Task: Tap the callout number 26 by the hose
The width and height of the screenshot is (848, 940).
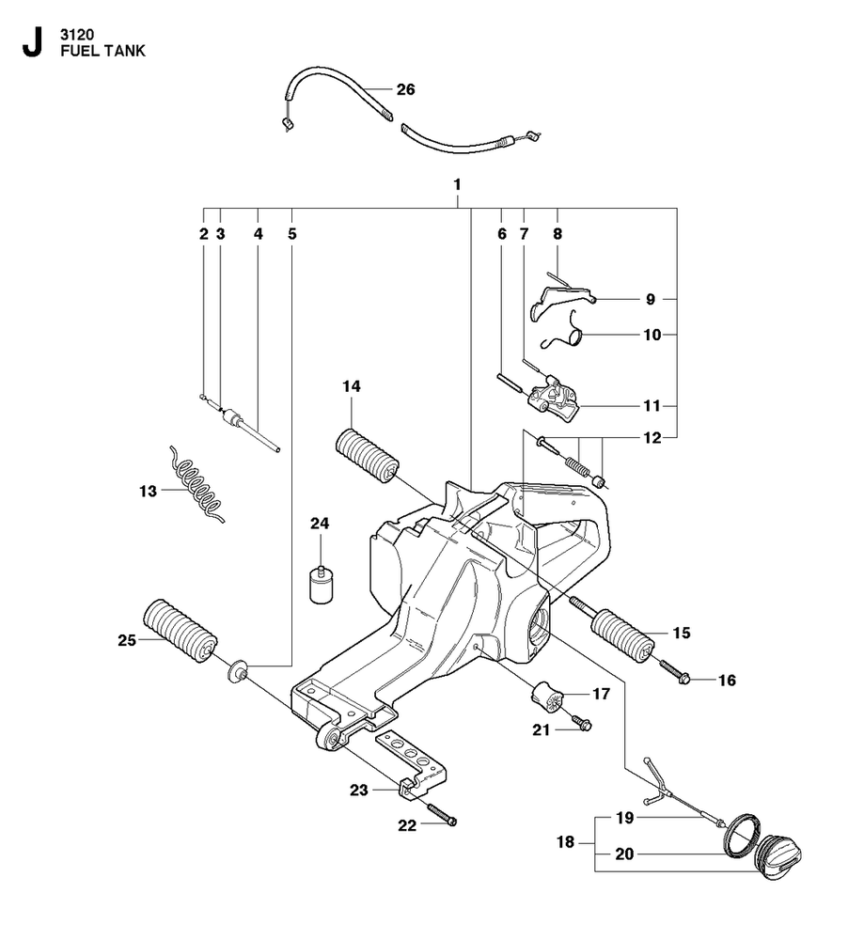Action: click(x=405, y=90)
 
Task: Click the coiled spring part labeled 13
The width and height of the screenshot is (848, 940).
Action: click(x=195, y=482)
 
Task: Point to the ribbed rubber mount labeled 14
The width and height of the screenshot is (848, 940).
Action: click(x=368, y=458)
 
